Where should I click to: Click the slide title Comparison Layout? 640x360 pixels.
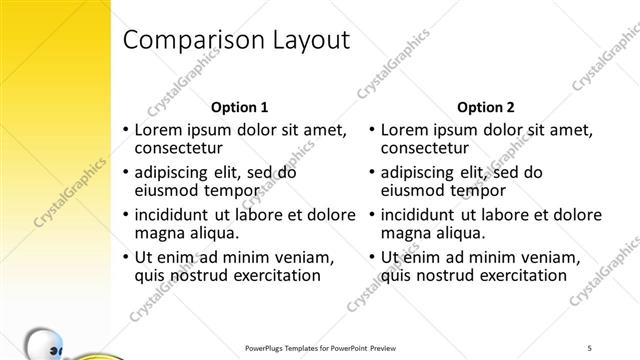[x=235, y=40]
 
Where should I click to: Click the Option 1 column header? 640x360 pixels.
[x=240, y=107]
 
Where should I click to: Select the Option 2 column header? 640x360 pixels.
[x=486, y=107]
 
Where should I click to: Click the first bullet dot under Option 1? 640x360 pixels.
[x=125, y=131]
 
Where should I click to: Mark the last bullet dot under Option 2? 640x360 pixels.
[x=371, y=258]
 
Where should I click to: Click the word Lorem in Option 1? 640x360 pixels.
[x=157, y=130]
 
